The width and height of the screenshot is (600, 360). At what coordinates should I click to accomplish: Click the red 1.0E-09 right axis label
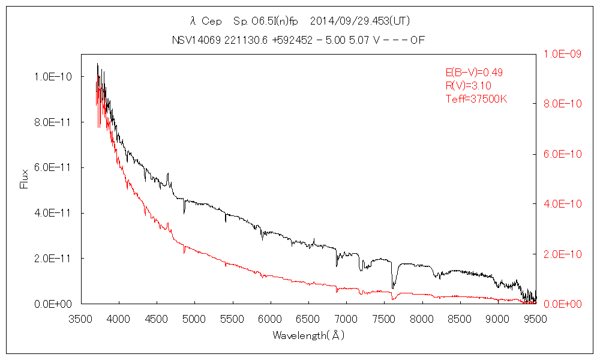click(x=562, y=54)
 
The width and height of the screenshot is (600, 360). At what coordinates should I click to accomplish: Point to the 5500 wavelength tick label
click(x=232, y=319)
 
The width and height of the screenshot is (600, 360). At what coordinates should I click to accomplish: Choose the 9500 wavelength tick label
click(x=535, y=319)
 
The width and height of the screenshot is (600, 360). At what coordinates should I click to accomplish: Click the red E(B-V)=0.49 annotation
click(x=473, y=73)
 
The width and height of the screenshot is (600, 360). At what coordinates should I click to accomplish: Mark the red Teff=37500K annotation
click(x=476, y=99)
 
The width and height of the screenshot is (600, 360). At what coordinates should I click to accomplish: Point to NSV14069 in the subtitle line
click(x=194, y=40)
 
